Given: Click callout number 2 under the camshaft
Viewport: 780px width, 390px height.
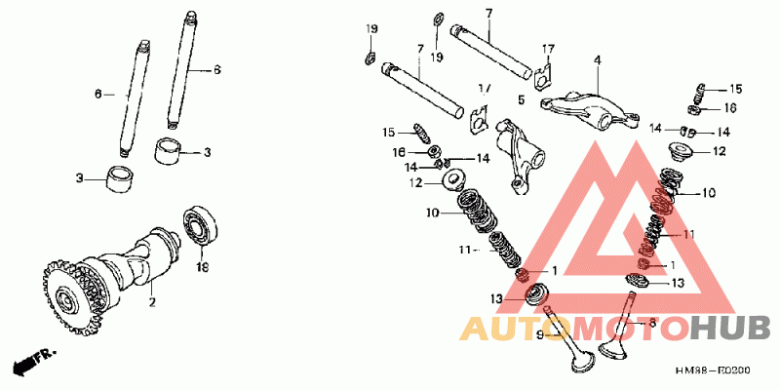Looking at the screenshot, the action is click(x=152, y=303).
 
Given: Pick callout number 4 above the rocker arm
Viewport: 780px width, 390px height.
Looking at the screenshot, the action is click(x=598, y=60).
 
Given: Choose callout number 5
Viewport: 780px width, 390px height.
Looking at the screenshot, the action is click(x=522, y=99).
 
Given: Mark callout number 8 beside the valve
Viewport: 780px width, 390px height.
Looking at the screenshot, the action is click(x=652, y=322).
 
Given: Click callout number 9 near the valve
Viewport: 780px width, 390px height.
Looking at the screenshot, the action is click(x=540, y=334).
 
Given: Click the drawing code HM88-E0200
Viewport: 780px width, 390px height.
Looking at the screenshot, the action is click(x=717, y=371).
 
